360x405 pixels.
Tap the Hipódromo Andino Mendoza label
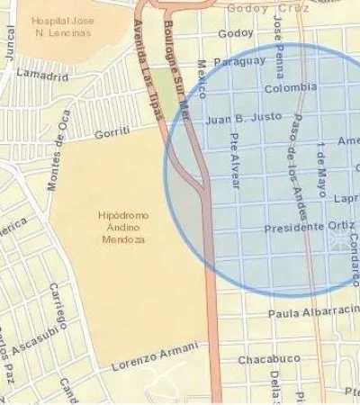pyautogui.click(x=122, y=228)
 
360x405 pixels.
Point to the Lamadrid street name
pyautogui.click(x=42, y=73)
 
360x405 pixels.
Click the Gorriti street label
pyautogui.click(x=112, y=132)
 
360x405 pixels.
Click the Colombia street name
pyautogui.click(x=290, y=88)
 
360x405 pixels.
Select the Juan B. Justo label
pyautogui.click(x=243, y=117)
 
